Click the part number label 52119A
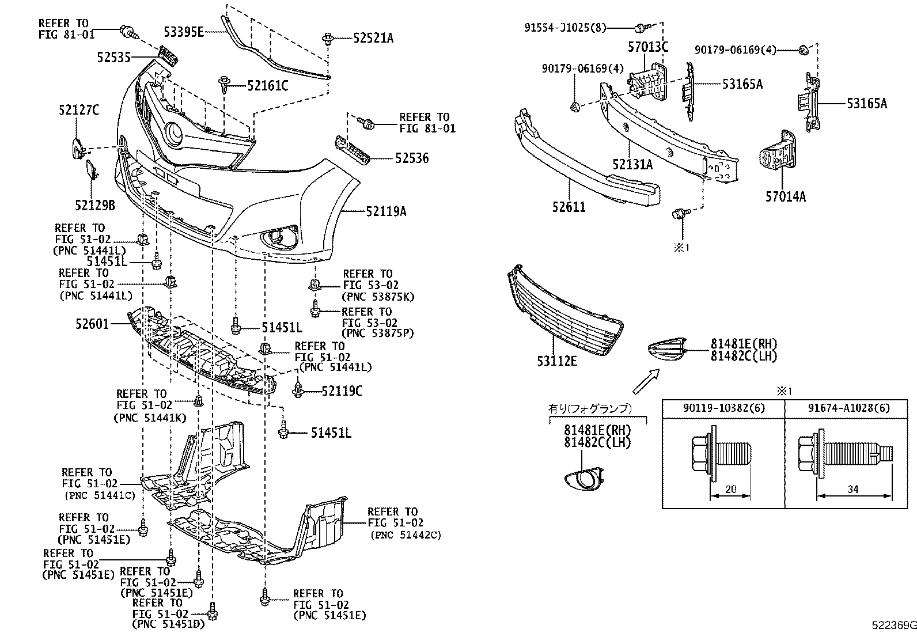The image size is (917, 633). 386,212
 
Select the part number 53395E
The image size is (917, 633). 183,32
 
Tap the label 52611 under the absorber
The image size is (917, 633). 569,207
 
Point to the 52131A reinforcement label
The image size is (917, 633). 632,165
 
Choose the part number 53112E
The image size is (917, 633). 557,362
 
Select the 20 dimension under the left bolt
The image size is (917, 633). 730,490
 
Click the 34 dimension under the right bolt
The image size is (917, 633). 853,490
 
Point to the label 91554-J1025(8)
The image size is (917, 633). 565,27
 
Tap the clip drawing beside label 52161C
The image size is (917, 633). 225,85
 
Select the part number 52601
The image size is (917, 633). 92,324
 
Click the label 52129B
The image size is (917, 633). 95,204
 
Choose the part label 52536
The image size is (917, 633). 411,158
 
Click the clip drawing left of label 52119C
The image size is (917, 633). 298,390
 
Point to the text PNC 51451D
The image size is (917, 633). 168,625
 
